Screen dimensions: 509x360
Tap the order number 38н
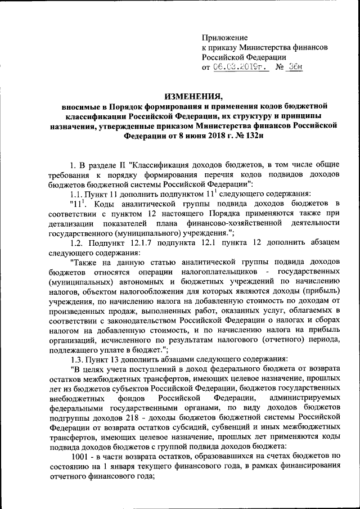[295, 67]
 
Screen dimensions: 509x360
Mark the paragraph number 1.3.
[74, 359]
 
